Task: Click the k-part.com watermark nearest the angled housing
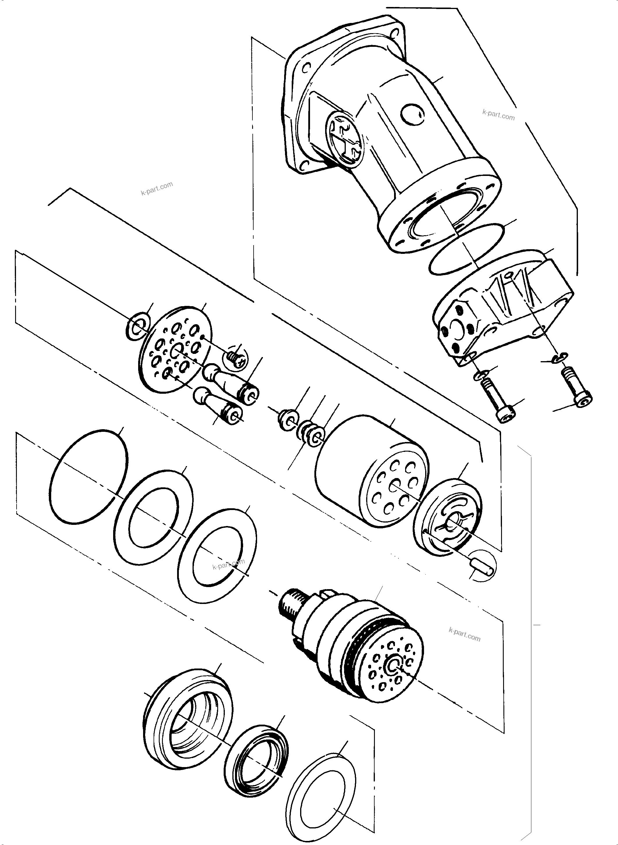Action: pos(498,115)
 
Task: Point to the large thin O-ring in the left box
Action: pos(89,477)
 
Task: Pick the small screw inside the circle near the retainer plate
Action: pos(235,359)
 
